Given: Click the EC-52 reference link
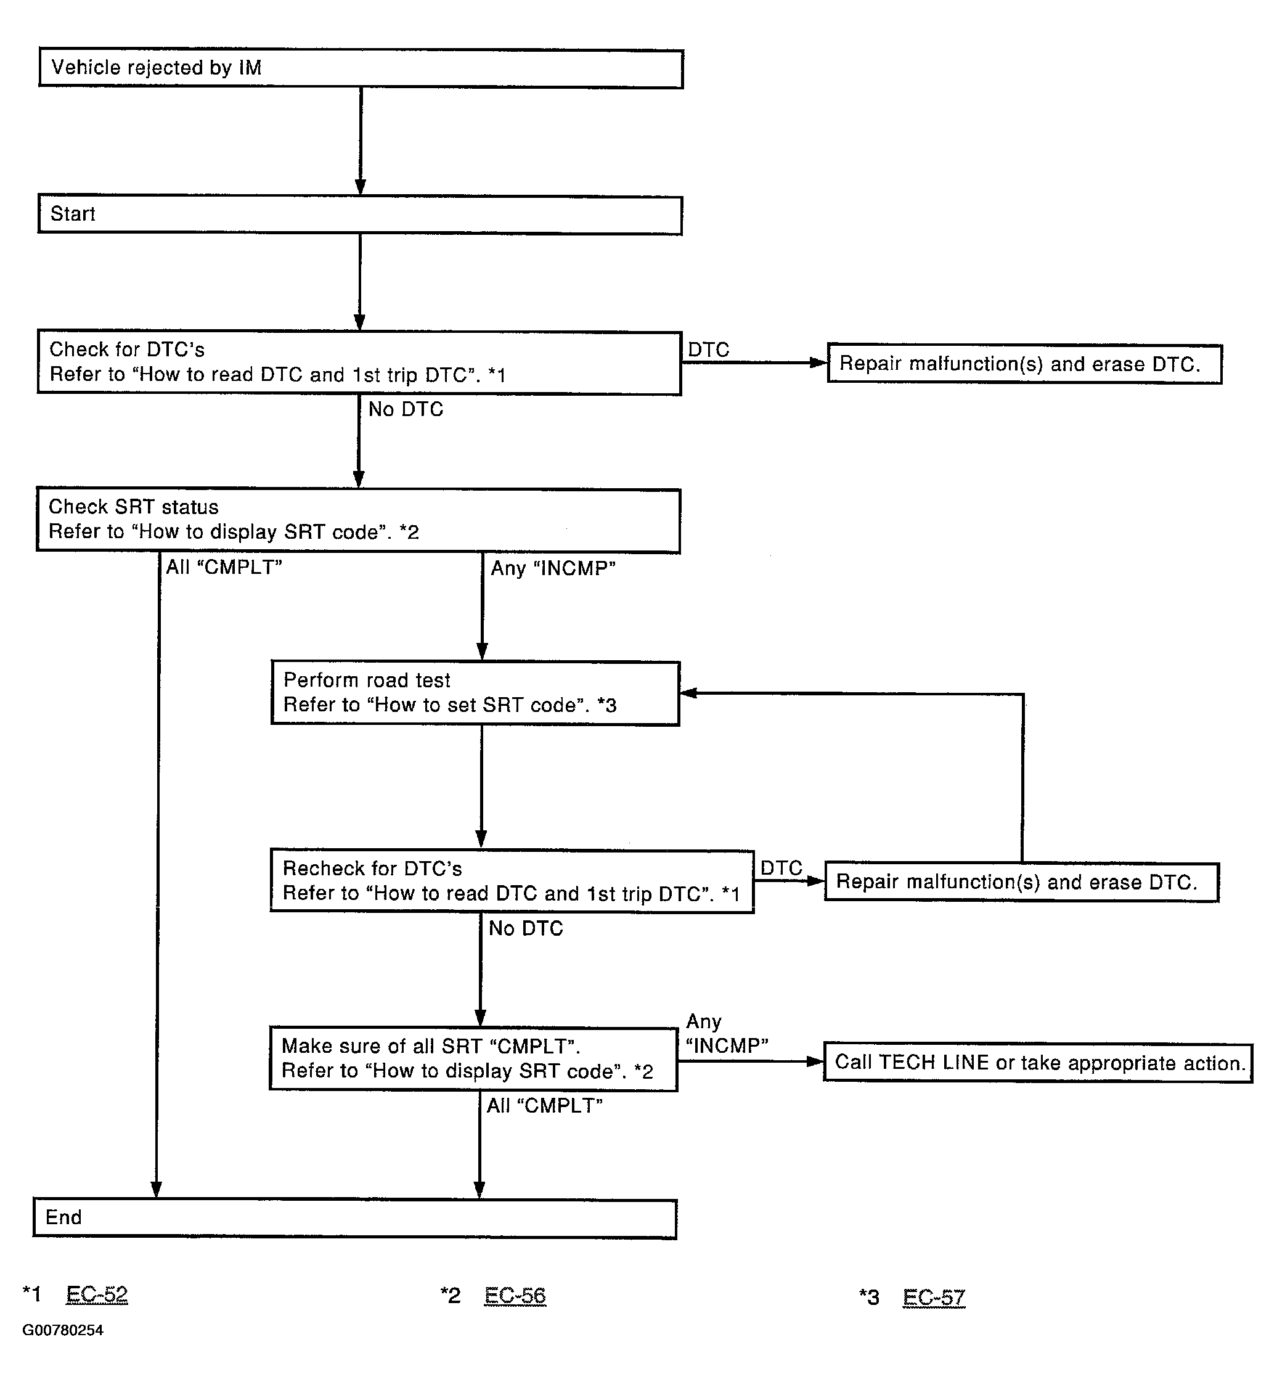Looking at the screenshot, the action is [97, 1294].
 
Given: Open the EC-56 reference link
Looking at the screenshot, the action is [515, 1296].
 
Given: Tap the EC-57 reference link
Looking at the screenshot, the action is [934, 1297].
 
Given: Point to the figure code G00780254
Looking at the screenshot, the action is [63, 1330].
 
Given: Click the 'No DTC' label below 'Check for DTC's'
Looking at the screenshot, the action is [406, 409].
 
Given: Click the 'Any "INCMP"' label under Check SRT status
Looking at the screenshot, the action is [553, 568].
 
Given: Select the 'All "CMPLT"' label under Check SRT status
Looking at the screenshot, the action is [224, 566].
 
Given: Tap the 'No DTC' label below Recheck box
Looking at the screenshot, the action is [526, 928].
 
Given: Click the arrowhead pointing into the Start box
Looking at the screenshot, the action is [360, 187].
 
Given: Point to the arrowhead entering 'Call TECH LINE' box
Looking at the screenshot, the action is [815, 1062].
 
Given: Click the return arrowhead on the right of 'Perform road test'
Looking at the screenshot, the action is [688, 693].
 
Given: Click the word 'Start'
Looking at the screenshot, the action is [73, 213].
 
